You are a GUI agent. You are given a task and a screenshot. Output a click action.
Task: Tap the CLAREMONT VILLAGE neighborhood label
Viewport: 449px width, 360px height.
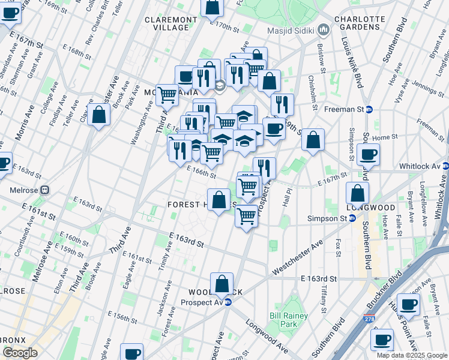[171, 23]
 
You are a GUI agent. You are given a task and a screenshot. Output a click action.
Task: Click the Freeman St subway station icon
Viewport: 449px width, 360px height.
[369, 109]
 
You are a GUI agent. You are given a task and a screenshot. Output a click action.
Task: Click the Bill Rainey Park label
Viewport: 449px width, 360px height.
[288, 320]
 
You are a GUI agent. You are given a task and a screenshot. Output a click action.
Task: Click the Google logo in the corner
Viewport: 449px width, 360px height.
[20, 353]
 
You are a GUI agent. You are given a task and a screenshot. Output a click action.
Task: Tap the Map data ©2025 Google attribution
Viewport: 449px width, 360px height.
[412, 355]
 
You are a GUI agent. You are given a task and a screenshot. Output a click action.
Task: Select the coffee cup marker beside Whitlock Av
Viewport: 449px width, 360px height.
[368, 155]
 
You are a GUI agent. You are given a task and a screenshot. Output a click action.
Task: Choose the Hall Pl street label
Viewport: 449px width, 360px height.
[288, 199]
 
